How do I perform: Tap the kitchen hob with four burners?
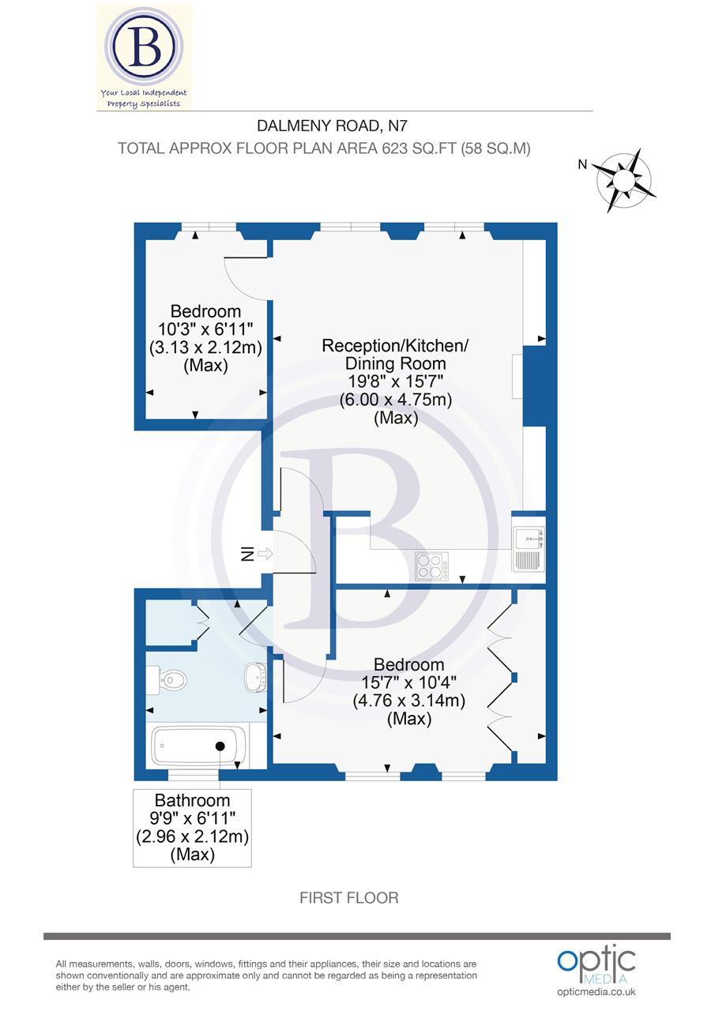coord(432,566)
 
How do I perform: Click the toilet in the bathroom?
coord(169,678)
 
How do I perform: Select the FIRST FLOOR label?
coord(348,897)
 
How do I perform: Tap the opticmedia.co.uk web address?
coord(596,992)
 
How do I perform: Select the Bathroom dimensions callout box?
coord(192,827)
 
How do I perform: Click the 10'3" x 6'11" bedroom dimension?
coord(205,329)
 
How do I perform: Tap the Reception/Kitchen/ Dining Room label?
coord(395,355)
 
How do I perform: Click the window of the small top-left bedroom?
coord(205,227)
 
